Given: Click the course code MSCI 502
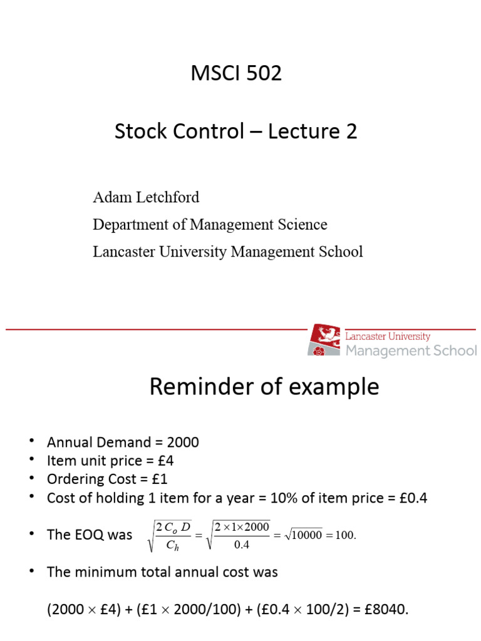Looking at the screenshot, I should [x=236, y=73].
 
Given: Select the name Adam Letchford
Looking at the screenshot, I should [x=146, y=197].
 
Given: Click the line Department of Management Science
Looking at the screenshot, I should [x=210, y=224].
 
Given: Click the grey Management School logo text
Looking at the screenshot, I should [x=411, y=351].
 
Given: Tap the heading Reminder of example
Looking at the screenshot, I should [x=264, y=387].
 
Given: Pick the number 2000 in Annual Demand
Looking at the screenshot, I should [x=182, y=443].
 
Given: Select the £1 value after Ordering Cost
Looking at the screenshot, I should [x=159, y=479].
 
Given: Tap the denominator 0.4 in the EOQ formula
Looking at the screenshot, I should [x=242, y=545].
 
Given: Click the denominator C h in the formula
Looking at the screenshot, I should [x=173, y=545].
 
